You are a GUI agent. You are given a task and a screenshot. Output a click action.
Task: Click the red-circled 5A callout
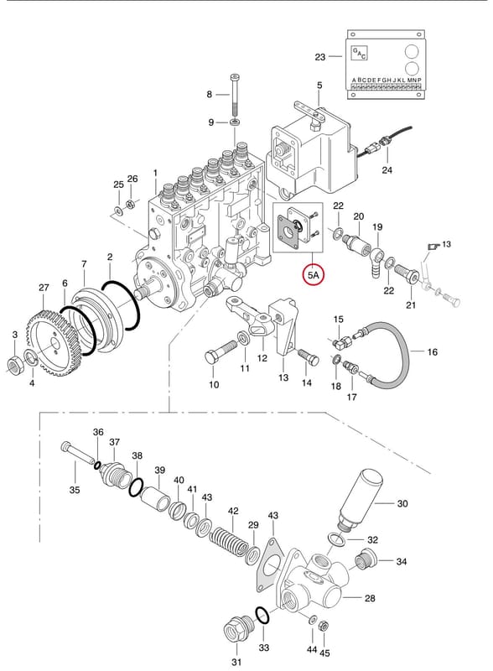pyautogui.click(x=314, y=275)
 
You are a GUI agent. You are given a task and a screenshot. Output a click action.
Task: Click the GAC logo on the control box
pyautogui.click(x=359, y=53)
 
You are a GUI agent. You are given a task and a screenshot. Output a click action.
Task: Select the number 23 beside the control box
pyautogui.click(x=320, y=57)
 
